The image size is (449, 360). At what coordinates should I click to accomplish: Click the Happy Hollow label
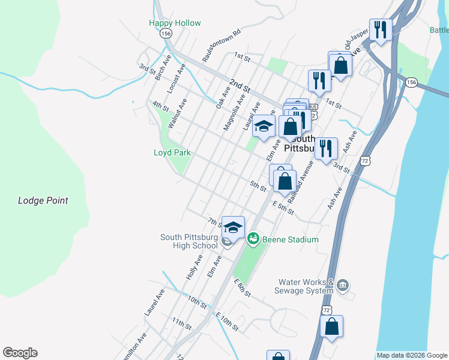(175, 23)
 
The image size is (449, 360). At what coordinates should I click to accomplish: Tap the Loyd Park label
(172, 152)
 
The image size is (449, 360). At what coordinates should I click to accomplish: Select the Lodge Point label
(43, 200)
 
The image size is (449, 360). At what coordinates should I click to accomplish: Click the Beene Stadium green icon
(253, 239)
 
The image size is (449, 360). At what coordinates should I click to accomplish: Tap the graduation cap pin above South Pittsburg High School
(233, 227)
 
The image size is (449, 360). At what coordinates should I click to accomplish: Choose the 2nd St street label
(238, 85)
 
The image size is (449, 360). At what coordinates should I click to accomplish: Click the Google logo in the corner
(20, 353)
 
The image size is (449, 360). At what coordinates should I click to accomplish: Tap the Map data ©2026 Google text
(412, 355)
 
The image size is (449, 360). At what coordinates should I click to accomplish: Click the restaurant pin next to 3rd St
(325, 148)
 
